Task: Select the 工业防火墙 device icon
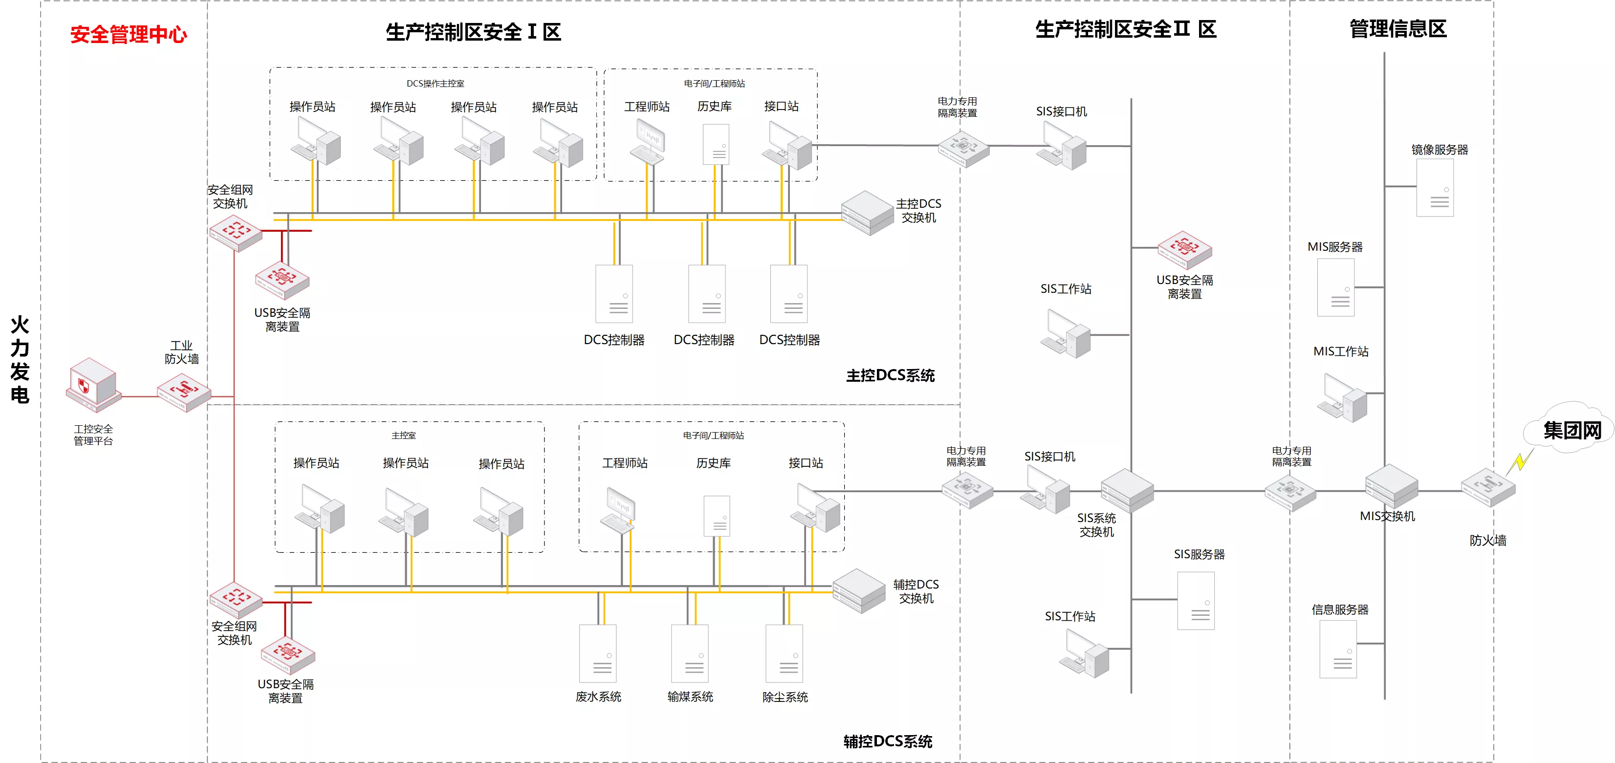(x=184, y=392)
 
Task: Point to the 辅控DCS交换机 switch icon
(x=859, y=590)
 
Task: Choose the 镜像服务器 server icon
(x=1435, y=188)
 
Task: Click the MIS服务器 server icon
(x=1335, y=287)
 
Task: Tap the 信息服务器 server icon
(x=1338, y=649)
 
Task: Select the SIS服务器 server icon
(x=1196, y=601)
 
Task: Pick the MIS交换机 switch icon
(x=1392, y=486)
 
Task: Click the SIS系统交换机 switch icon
(x=1127, y=491)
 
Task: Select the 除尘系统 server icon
(x=785, y=654)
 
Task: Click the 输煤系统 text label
(x=690, y=697)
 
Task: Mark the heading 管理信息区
(x=1398, y=29)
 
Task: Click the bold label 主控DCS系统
(x=890, y=375)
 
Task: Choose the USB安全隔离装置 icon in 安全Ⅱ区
(x=1184, y=249)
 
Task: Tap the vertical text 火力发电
(x=20, y=359)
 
